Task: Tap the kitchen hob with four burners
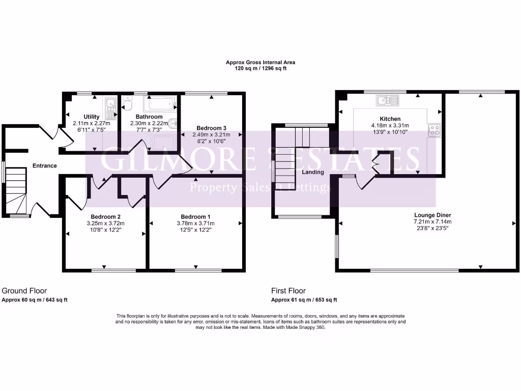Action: (434, 130)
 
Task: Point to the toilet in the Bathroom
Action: (127, 105)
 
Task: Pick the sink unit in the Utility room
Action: (110, 105)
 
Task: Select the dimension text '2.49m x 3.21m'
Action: (211, 135)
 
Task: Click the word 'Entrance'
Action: (45, 166)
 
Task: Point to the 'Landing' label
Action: (312, 172)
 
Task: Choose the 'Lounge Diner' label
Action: (432, 215)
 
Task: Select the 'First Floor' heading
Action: (288, 291)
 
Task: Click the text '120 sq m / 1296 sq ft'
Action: (260, 68)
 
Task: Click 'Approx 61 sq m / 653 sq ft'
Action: (304, 300)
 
